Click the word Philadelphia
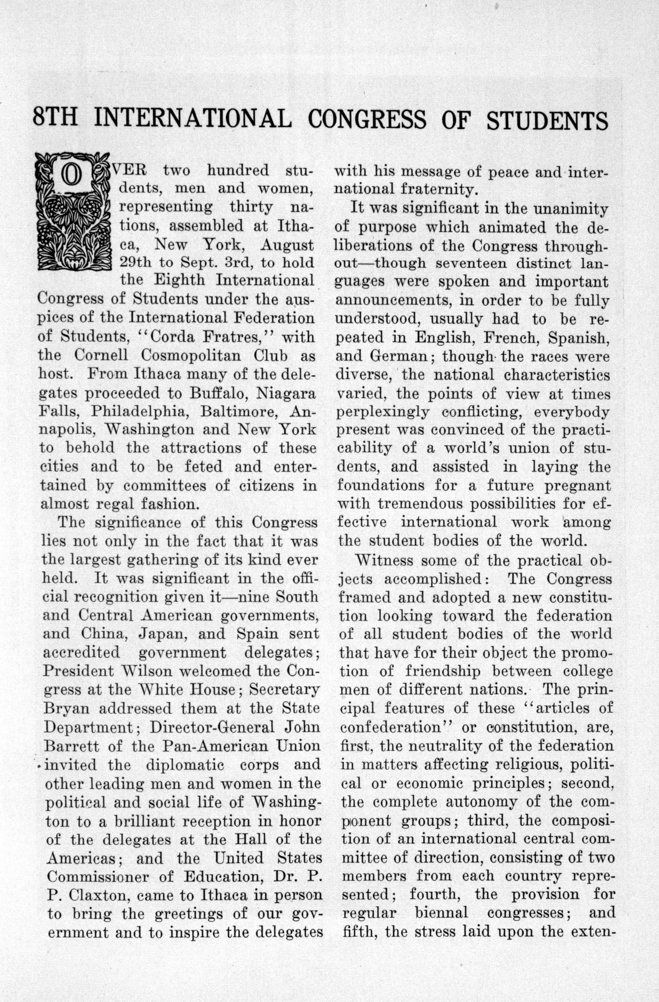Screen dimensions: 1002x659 (139, 411)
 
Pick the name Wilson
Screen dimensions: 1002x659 (140, 671)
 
